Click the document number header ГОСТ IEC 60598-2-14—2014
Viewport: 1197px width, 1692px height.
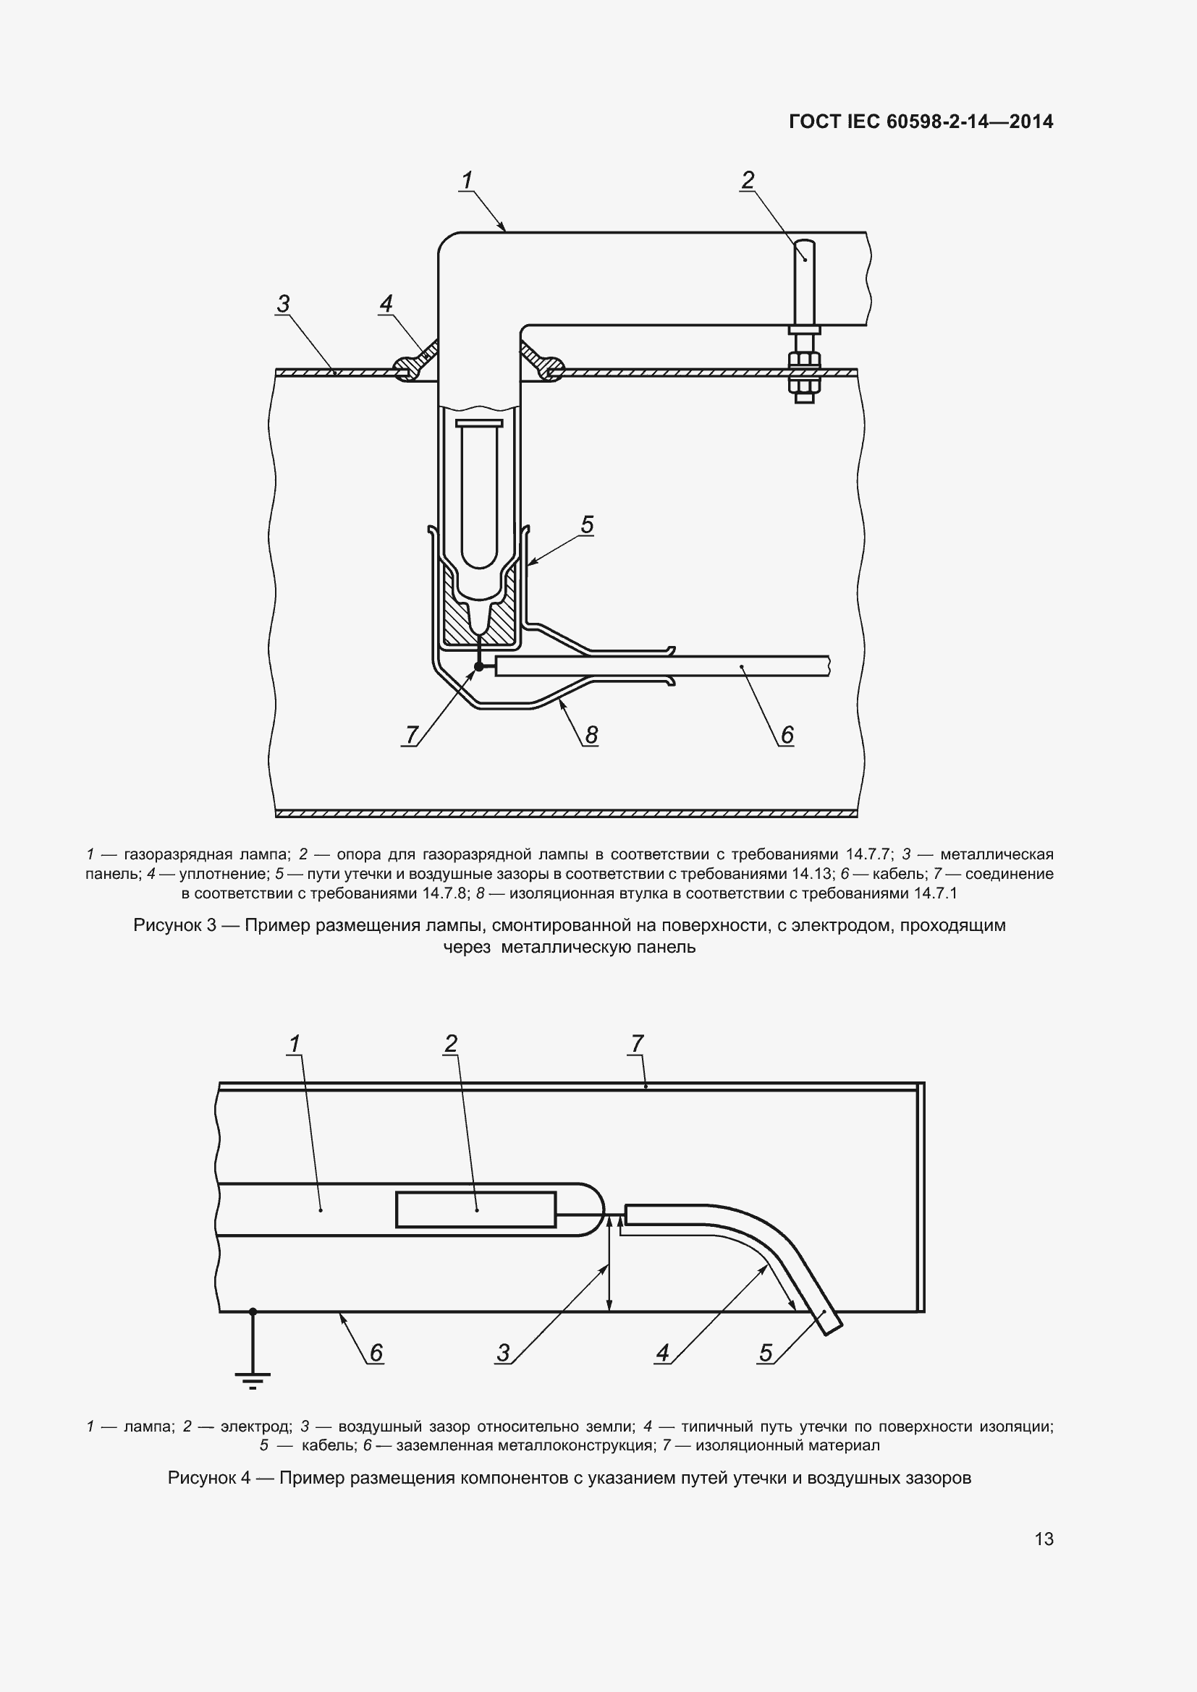pyautogui.click(x=921, y=122)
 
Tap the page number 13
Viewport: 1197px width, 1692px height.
pyautogui.click(x=1044, y=1539)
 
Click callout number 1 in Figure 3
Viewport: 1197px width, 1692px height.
pyautogui.click(x=467, y=181)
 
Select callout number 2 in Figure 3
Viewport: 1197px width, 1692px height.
pyautogui.click(x=748, y=180)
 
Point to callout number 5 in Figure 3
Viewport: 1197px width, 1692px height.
pyautogui.click(x=587, y=524)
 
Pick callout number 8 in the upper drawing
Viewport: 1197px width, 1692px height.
pyautogui.click(x=591, y=735)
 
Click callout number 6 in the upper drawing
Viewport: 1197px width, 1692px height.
pyautogui.click(x=787, y=735)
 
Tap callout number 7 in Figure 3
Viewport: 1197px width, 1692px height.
pyautogui.click(x=412, y=735)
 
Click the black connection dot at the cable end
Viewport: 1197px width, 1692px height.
pyautogui.click(x=478, y=666)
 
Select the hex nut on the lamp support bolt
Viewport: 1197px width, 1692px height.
pyautogui.click(x=804, y=360)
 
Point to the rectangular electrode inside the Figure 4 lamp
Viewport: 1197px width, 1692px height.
pyautogui.click(x=476, y=1210)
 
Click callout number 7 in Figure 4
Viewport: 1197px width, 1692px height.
pyautogui.click(x=638, y=1044)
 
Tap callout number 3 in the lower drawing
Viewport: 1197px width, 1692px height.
pyautogui.click(x=504, y=1352)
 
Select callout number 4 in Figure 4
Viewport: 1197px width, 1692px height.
pyautogui.click(x=663, y=1352)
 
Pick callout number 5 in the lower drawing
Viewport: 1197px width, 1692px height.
pyautogui.click(x=766, y=1352)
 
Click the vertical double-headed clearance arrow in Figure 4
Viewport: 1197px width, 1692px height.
pyautogui.click(x=609, y=1263)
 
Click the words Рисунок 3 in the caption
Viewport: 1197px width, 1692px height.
pyautogui.click(x=174, y=925)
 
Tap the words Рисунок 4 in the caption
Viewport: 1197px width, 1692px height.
pyautogui.click(x=209, y=1478)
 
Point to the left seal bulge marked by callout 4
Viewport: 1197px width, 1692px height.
pyautogui.click(x=406, y=365)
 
